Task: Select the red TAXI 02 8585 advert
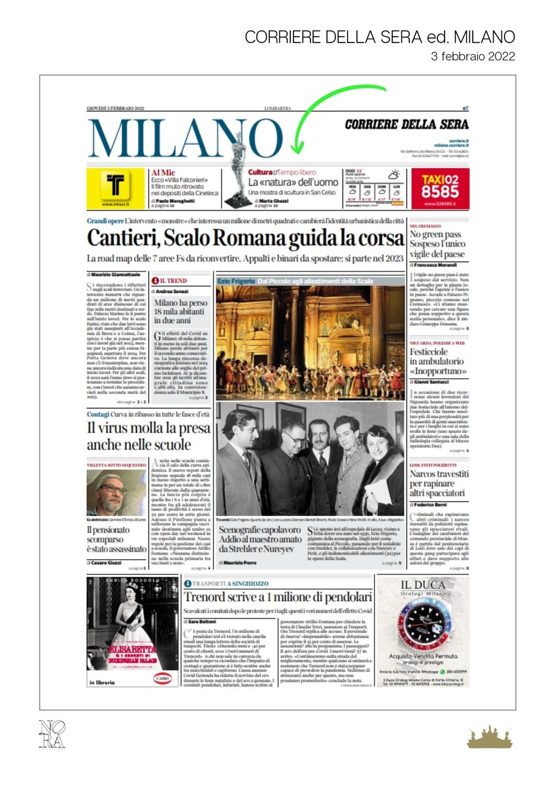(x=440, y=188)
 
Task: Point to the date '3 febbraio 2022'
(x=473, y=56)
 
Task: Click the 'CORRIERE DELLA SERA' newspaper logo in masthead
(x=415, y=124)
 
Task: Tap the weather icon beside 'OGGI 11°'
(x=394, y=175)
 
